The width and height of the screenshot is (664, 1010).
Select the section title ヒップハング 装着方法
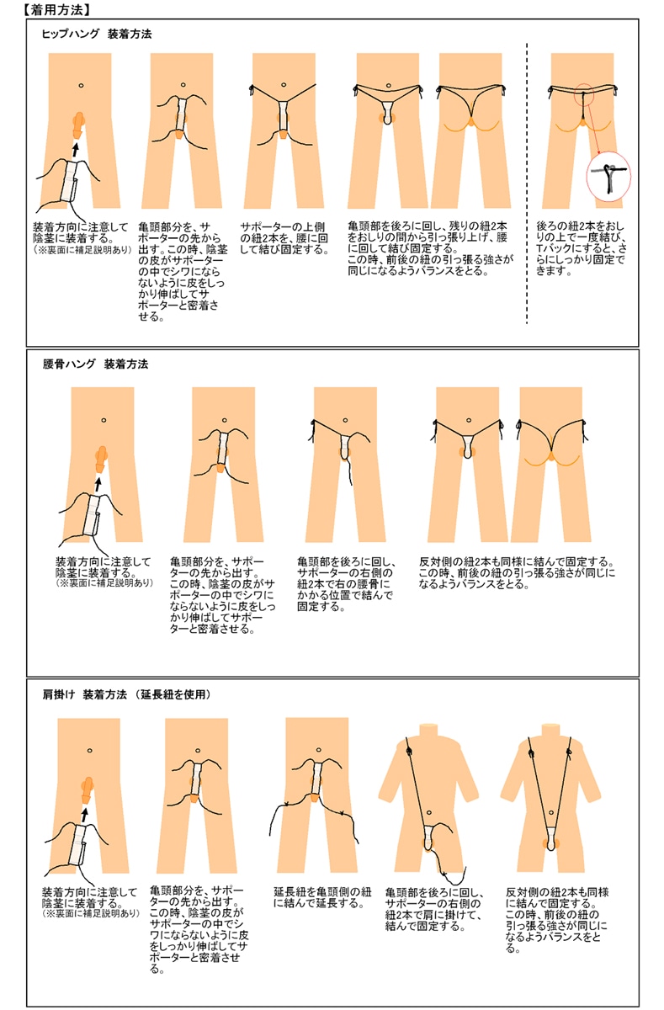(96, 35)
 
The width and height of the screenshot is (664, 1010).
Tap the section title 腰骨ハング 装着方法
(95, 365)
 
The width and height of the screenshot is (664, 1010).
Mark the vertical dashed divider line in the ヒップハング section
(527, 185)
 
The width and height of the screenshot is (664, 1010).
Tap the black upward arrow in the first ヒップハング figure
(75, 148)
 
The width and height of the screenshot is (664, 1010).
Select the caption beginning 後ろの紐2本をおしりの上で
(581, 249)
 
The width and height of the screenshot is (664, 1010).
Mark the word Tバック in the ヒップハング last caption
(552, 249)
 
